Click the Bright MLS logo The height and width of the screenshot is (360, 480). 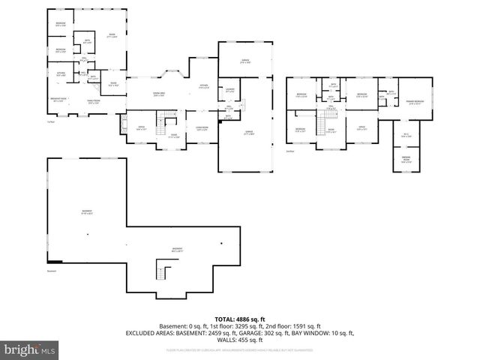(30, 349)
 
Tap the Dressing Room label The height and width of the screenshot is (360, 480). (406, 159)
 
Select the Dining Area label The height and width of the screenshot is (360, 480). (159, 94)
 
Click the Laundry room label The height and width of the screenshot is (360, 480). (230, 91)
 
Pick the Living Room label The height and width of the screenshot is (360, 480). (202, 128)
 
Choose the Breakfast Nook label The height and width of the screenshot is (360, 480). (60, 100)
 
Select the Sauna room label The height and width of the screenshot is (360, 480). (112, 84)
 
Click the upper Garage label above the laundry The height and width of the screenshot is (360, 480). (244, 61)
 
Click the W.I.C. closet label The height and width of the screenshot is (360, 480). (406, 135)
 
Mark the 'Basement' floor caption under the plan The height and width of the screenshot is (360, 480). (52, 271)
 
